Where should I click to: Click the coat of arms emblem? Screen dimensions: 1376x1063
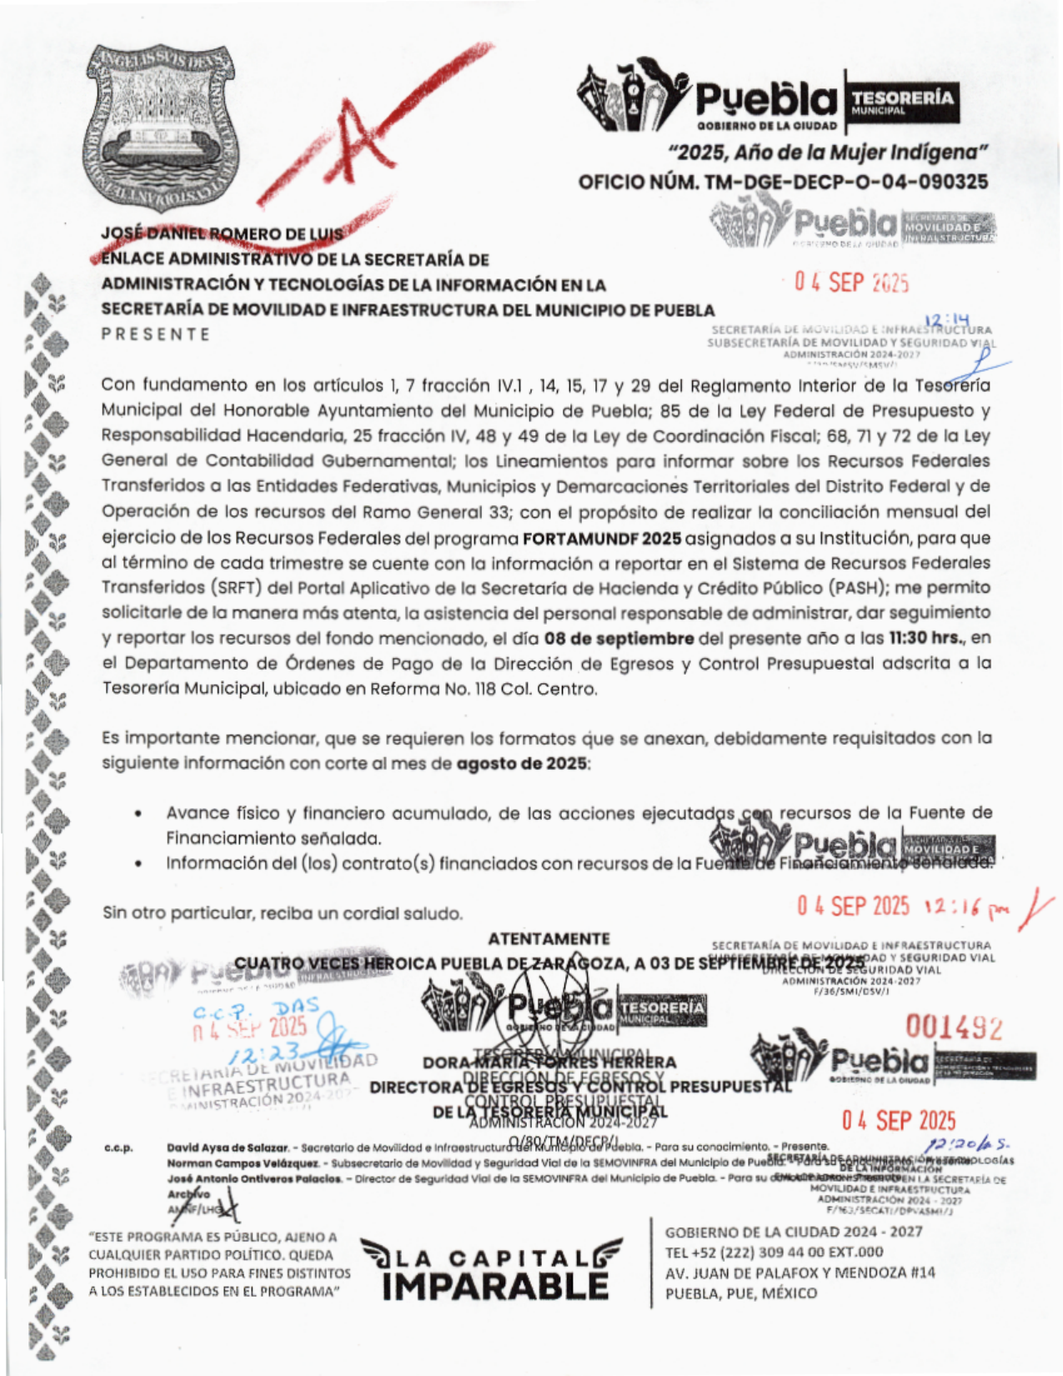158,127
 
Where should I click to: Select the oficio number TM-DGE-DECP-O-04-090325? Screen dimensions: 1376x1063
845,181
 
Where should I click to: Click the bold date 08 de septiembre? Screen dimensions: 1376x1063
619,639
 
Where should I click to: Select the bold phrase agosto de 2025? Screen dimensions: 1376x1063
521,764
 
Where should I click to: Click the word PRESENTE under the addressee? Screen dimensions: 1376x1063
156,334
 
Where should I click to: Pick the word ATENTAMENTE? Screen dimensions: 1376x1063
549,939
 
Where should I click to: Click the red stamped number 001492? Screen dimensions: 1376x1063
954,1027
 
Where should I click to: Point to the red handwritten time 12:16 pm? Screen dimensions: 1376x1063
967,907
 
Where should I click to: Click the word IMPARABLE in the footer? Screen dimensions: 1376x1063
495,1285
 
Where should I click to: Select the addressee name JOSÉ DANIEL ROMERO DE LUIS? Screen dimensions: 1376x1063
222,234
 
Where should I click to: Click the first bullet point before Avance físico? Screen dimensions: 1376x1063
138,814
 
